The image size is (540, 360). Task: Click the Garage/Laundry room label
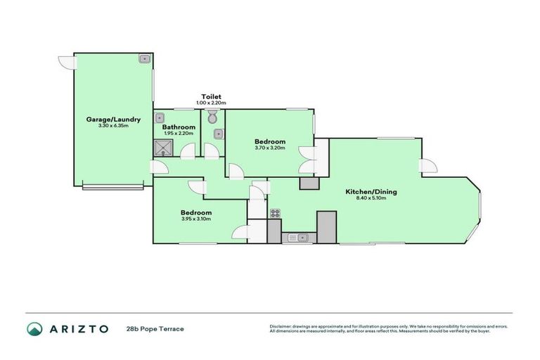pyautogui.click(x=113, y=120)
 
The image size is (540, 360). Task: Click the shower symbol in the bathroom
pyautogui.click(x=165, y=147)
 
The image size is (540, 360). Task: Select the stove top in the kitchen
pyautogui.click(x=275, y=214)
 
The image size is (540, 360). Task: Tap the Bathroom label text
pyautogui.click(x=179, y=127)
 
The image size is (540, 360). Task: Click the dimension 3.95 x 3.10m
pyautogui.click(x=196, y=219)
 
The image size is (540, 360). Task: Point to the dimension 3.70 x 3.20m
pyautogui.click(x=270, y=148)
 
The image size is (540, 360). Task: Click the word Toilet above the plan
pyautogui.click(x=211, y=96)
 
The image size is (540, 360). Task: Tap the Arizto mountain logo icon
pyautogui.click(x=34, y=328)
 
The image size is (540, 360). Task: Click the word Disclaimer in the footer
pyautogui.click(x=281, y=326)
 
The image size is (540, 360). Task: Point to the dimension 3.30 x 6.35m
pyautogui.click(x=113, y=127)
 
